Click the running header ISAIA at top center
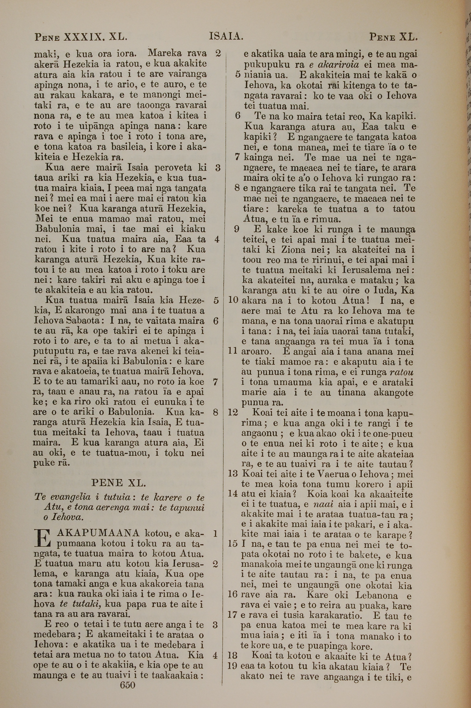226,37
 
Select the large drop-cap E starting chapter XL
41,538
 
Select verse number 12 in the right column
233,412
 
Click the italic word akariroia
301,65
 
